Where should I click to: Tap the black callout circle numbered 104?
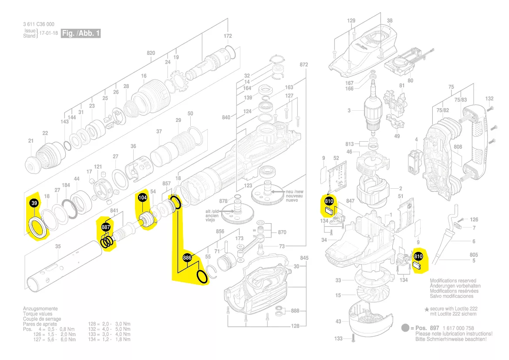click(x=142, y=198)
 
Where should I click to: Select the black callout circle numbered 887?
click(x=106, y=228)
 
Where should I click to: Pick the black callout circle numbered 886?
click(x=187, y=258)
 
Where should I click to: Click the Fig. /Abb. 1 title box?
click(x=81, y=33)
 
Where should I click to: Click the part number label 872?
click(x=303, y=65)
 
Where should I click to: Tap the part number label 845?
click(x=304, y=258)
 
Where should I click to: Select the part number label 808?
click(x=457, y=147)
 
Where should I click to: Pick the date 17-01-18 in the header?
click(x=49, y=33)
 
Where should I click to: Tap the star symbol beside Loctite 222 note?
click(x=427, y=308)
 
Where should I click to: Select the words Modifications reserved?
click(x=453, y=281)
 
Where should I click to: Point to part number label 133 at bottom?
click(x=338, y=338)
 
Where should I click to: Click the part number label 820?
click(x=151, y=53)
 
